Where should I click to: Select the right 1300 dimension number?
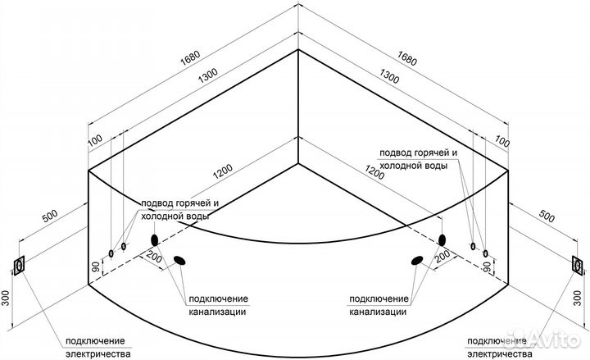click(x=390, y=79)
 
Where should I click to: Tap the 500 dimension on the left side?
click(x=50, y=216)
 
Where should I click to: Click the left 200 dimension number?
click(x=153, y=257)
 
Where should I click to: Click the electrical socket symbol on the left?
click(x=18, y=266)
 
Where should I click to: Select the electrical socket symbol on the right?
click(x=578, y=265)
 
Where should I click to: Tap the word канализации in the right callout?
click(x=378, y=312)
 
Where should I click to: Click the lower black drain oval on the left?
click(x=179, y=262)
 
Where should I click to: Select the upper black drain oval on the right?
click(x=442, y=240)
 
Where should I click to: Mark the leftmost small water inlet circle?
click(x=111, y=252)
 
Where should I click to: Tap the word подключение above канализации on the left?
click(x=218, y=298)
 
